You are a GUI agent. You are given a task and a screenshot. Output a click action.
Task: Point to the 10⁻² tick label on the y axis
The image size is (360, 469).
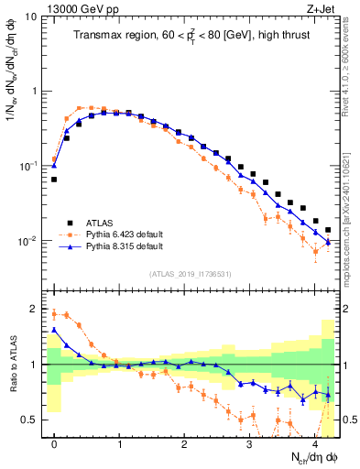[x=27, y=241]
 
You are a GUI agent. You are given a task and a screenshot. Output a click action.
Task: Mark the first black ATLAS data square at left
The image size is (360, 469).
[x=54, y=180]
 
